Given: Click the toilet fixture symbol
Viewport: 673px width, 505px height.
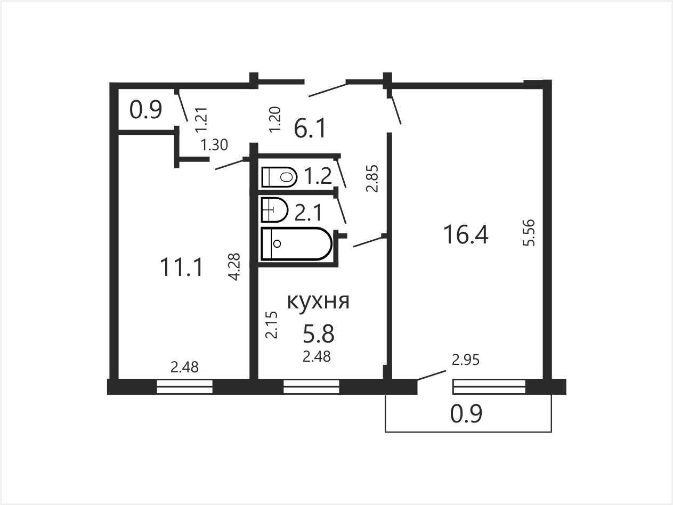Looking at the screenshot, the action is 279,177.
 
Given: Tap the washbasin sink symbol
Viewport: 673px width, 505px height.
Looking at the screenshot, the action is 274,210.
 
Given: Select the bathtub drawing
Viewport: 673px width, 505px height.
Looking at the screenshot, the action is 296,244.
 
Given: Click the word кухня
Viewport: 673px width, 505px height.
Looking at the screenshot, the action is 318,302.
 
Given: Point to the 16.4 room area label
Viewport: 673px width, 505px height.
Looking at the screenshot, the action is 466,235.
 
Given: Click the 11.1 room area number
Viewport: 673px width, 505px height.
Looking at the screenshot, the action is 181,267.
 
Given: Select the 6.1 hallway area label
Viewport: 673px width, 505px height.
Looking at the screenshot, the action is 310,129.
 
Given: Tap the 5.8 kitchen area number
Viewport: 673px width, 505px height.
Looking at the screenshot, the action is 318,333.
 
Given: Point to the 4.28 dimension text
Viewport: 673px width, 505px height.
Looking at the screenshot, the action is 234,266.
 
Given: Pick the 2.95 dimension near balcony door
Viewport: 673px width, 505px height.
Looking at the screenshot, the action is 465,360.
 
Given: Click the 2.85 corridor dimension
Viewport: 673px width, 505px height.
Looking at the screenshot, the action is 372,178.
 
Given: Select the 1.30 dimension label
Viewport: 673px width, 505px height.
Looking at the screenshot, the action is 214,145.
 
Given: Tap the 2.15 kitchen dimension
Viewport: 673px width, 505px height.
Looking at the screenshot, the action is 271,325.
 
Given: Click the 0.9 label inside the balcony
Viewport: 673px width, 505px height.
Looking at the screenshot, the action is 466,414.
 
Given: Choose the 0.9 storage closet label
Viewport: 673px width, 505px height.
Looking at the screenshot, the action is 145,110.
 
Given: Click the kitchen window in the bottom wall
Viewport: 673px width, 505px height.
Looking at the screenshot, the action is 311,387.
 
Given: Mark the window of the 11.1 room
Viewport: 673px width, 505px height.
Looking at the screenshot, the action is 184,387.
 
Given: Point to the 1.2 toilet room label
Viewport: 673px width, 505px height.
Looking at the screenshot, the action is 318,176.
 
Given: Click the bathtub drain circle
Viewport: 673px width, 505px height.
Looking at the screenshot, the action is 277,244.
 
